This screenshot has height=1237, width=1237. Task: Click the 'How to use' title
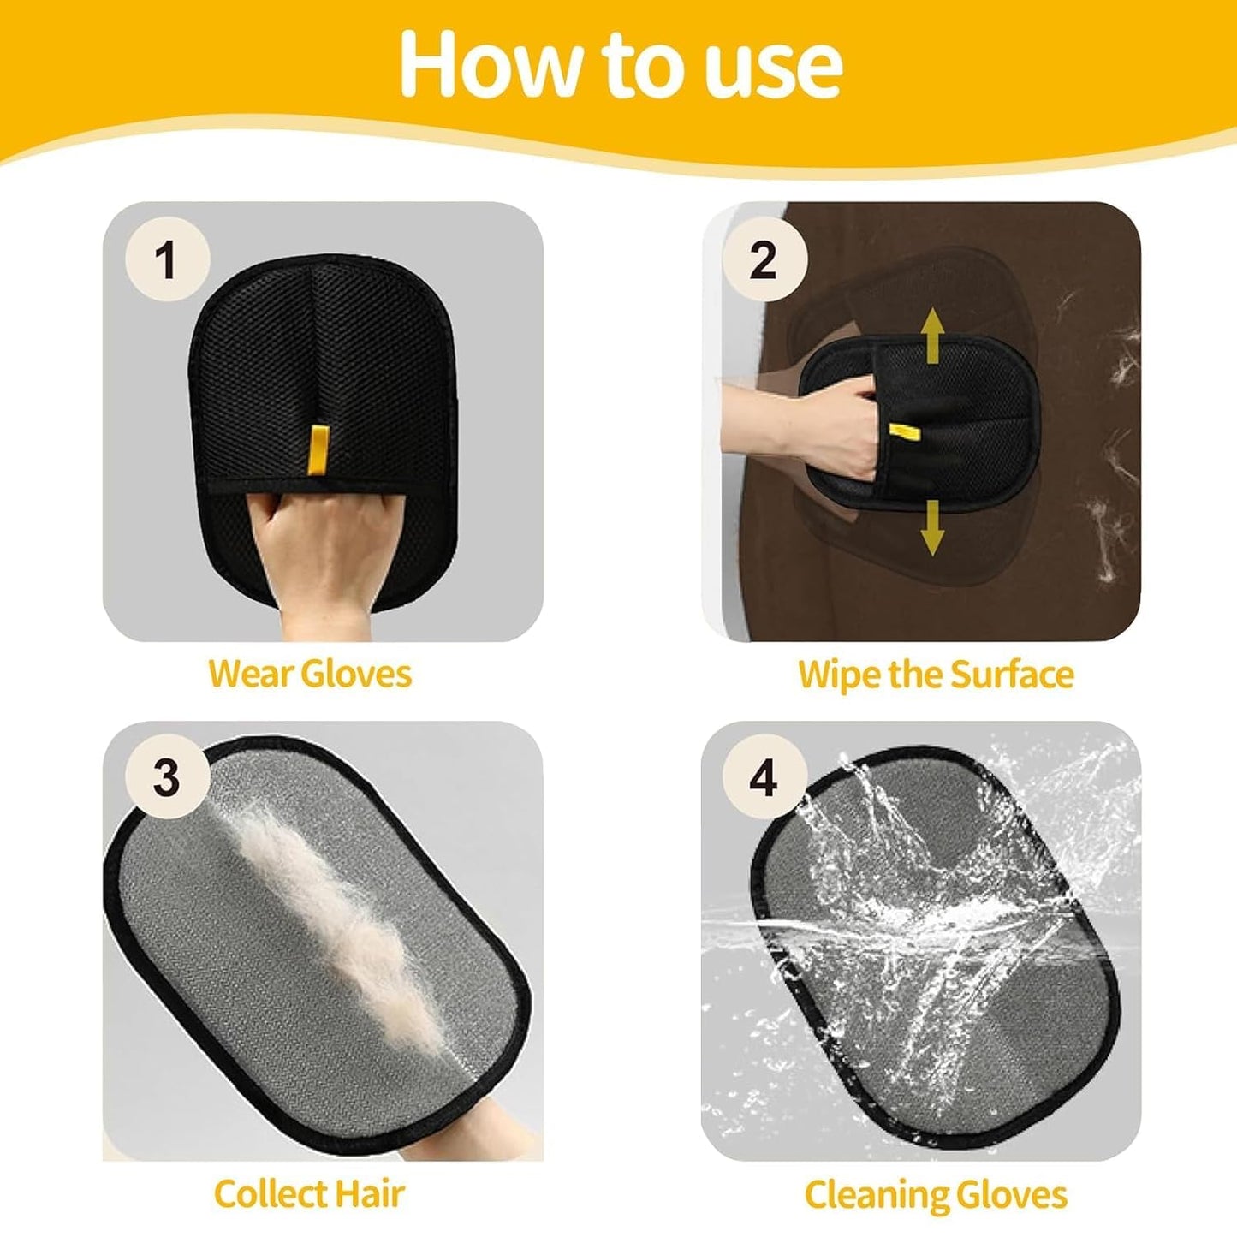(x=620, y=64)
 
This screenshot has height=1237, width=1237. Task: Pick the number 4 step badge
(x=764, y=777)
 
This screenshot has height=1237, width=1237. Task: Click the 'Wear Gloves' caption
(x=310, y=674)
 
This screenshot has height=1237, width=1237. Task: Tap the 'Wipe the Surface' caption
(x=935, y=674)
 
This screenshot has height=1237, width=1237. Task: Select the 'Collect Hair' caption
(x=308, y=1193)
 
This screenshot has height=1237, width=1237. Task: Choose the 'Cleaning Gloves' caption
(x=935, y=1193)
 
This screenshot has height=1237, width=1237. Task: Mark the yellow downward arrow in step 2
(x=932, y=527)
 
